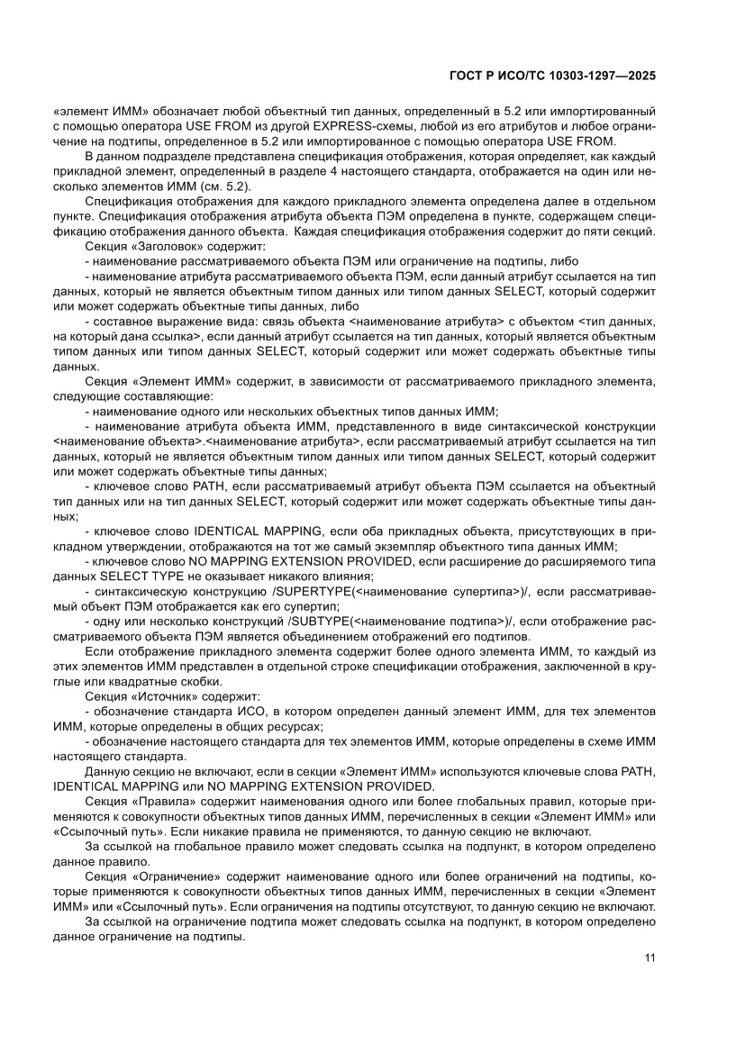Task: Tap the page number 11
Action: (649, 958)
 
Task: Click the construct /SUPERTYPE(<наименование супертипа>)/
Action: (397, 591)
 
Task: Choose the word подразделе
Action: (155, 157)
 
